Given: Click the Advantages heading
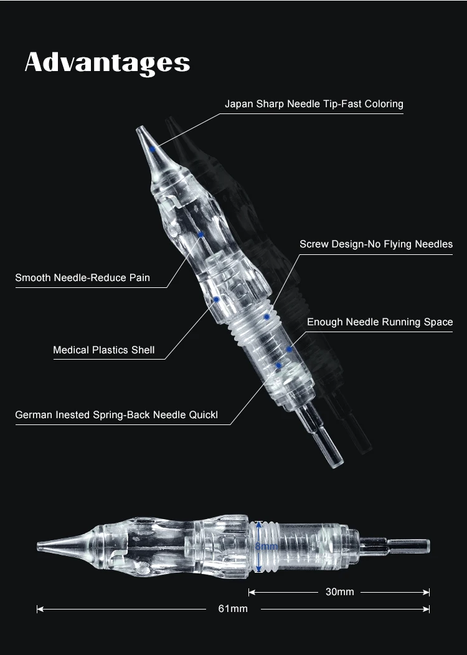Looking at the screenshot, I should click(x=107, y=63).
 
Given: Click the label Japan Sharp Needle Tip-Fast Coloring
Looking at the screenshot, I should click(x=314, y=103).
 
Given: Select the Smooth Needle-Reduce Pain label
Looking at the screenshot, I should click(x=82, y=277).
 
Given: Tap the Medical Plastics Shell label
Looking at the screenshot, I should click(x=103, y=350).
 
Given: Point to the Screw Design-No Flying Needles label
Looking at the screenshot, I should click(x=376, y=244).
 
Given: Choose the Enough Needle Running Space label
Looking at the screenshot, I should click(x=380, y=322).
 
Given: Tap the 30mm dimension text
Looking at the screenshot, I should click(x=339, y=591).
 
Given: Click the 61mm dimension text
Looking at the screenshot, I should click(x=233, y=608).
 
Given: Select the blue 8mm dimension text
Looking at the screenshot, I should click(x=266, y=547).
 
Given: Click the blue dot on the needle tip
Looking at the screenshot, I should click(x=153, y=150).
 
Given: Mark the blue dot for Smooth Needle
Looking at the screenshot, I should click(x=201, y=234).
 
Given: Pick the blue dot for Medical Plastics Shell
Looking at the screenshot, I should click(x=216, y=300).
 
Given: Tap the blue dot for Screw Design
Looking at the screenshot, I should click(x=267, y=317).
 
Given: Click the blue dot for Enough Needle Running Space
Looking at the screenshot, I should click(x=290, y=349).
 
